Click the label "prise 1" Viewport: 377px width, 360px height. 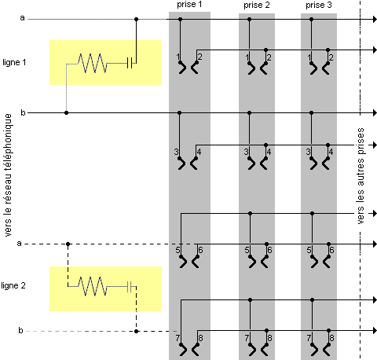coord(189,5)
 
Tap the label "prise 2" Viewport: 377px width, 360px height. coord(257,6)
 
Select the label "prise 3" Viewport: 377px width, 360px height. coord(319,6)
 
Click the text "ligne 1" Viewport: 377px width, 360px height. coord(14,62)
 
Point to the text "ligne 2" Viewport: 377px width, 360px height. coord(13,285)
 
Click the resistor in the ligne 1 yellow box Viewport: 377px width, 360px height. coord(92,63)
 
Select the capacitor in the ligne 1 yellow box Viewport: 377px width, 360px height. coord(130,63)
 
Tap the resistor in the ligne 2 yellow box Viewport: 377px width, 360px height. coord(92,286)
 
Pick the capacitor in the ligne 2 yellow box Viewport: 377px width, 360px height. coord(130,286)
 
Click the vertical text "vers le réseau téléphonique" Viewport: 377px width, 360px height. coord(8,175)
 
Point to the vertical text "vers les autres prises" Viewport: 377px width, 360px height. coord(361,176)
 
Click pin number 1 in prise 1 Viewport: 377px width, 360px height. coord(178,57)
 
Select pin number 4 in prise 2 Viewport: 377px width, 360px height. coord(269,152)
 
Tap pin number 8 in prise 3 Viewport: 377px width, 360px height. coord(331,338)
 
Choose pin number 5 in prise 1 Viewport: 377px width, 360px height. coord(178,250)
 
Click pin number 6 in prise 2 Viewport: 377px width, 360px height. coord(269,250)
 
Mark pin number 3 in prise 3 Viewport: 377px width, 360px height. coord(309,152)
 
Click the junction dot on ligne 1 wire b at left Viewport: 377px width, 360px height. coord(67,113)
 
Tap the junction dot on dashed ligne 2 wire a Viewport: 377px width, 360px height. coord(68,244)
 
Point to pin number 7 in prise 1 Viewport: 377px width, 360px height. coord(178,338)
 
